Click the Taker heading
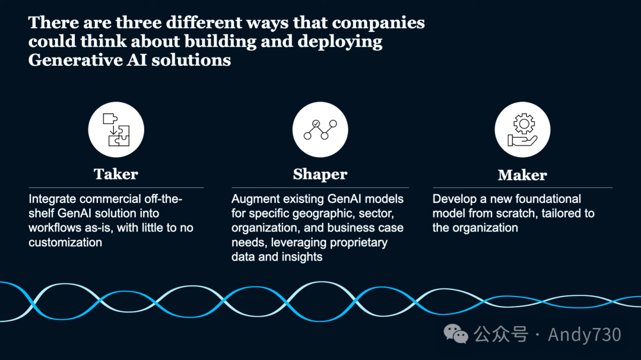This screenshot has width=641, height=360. coord(116,174)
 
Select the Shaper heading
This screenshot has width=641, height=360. coord(320,174)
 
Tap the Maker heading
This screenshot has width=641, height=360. coord(522,175)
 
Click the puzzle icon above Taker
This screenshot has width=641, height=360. coord(116,130)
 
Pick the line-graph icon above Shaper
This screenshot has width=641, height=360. coord(320,129)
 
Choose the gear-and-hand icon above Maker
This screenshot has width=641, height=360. coord(522,130)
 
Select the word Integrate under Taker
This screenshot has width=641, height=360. coord(52,199)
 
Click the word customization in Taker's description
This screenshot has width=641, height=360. coord(65,242)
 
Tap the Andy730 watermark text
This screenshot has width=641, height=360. coord(584,334)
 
